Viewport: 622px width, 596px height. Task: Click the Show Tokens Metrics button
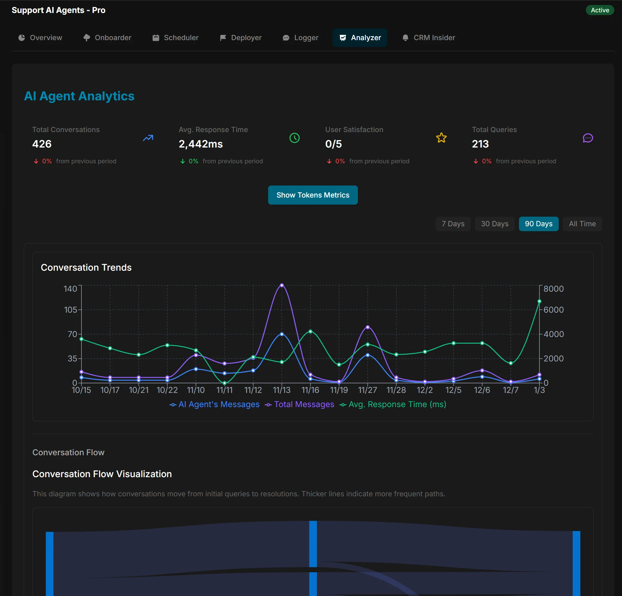pyautogui.click(x=313, y=195)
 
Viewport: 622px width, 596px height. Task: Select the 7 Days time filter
pyautogui.click(x=453, y=224)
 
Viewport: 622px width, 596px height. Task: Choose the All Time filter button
pyautogui.click(x=582, y=224)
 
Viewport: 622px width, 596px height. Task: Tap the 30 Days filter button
pyautogui.click(x=495, y=224)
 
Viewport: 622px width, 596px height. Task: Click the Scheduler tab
pyautogui.click(x=175, y=38)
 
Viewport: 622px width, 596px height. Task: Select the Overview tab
pyautogui.click(x=40, y=38)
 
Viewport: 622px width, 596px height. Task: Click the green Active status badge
pyautogui.click(x=599, y=10)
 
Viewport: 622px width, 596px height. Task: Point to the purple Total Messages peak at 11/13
pyautogui.click(x=281, y=285)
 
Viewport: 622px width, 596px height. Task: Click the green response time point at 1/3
pyautogui.click(x=539, y=301)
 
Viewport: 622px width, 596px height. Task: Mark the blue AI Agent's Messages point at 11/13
pyautogui.click(x=281, y=334)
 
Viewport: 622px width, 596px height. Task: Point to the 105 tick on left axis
pyautogui.click(x=70, y=310)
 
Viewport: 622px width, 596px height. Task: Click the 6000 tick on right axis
pyautogui.click(x=554, y=310)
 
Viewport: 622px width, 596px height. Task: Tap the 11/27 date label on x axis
pyautogui.click(x=367, y=390)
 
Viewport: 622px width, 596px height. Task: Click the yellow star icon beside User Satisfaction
pyautogui.click(x=441, y=138)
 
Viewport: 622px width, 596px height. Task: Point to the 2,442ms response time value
pyautogui.click(x=201, y=144)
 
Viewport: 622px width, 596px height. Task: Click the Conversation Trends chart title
pyautogui.click(x=86, y=267)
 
